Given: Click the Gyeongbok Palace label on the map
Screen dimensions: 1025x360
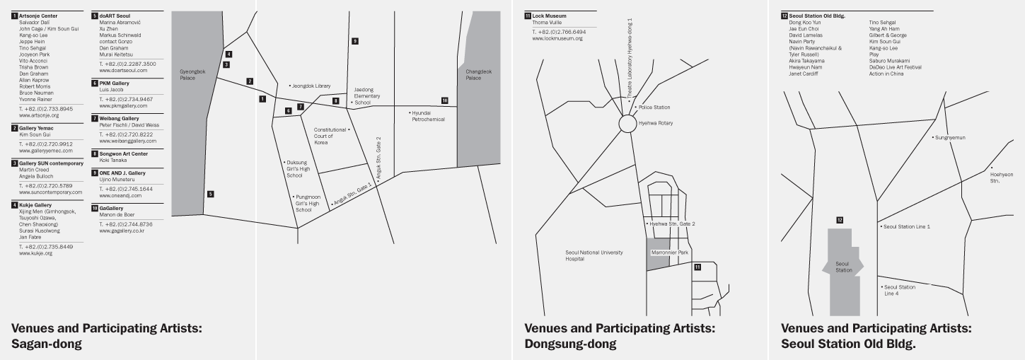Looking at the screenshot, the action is (x=192, y=74).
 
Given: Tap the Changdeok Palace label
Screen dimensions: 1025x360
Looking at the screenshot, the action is (x=479, y=74).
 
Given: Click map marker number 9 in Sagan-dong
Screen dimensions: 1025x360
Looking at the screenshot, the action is (x=355, y=41).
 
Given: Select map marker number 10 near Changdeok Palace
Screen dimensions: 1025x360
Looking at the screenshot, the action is (x=445, y=100).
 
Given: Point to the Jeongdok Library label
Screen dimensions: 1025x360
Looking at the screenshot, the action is (x=310, y=86).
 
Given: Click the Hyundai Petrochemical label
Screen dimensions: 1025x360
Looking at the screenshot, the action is (x=427, y=116).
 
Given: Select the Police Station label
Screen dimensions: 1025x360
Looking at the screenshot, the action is (x=652, y=107).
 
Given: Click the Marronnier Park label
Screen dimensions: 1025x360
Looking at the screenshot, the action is (x=669, y=252).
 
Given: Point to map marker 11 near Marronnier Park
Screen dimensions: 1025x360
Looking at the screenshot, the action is (x=697, y=267).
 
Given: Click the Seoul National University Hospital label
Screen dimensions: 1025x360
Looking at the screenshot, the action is (x=594, y=255).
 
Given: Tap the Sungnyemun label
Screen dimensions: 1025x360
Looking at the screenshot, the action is (x=949, y=137).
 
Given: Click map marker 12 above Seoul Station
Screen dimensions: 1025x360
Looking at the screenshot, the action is (x=840, y=220).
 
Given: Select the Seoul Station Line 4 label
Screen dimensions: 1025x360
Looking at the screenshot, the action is (x=898, y=291).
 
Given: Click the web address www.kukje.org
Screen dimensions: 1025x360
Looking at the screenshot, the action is (x=35, y=253).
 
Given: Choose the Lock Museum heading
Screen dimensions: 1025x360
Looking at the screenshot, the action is (x=549, y=16).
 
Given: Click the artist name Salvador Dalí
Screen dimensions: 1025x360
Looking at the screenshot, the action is (x=35, y=23).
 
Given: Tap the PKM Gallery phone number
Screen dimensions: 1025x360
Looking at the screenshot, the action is (x=127, y=99).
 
